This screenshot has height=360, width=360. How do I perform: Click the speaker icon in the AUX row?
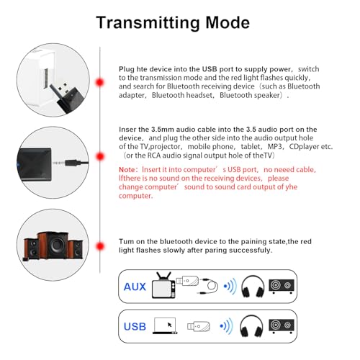tap(282, 287)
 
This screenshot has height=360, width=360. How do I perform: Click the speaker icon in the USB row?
tap(282, 326)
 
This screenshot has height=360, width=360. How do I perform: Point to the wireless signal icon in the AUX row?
tap(230, 287)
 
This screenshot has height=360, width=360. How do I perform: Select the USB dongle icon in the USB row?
tap(197, 327)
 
